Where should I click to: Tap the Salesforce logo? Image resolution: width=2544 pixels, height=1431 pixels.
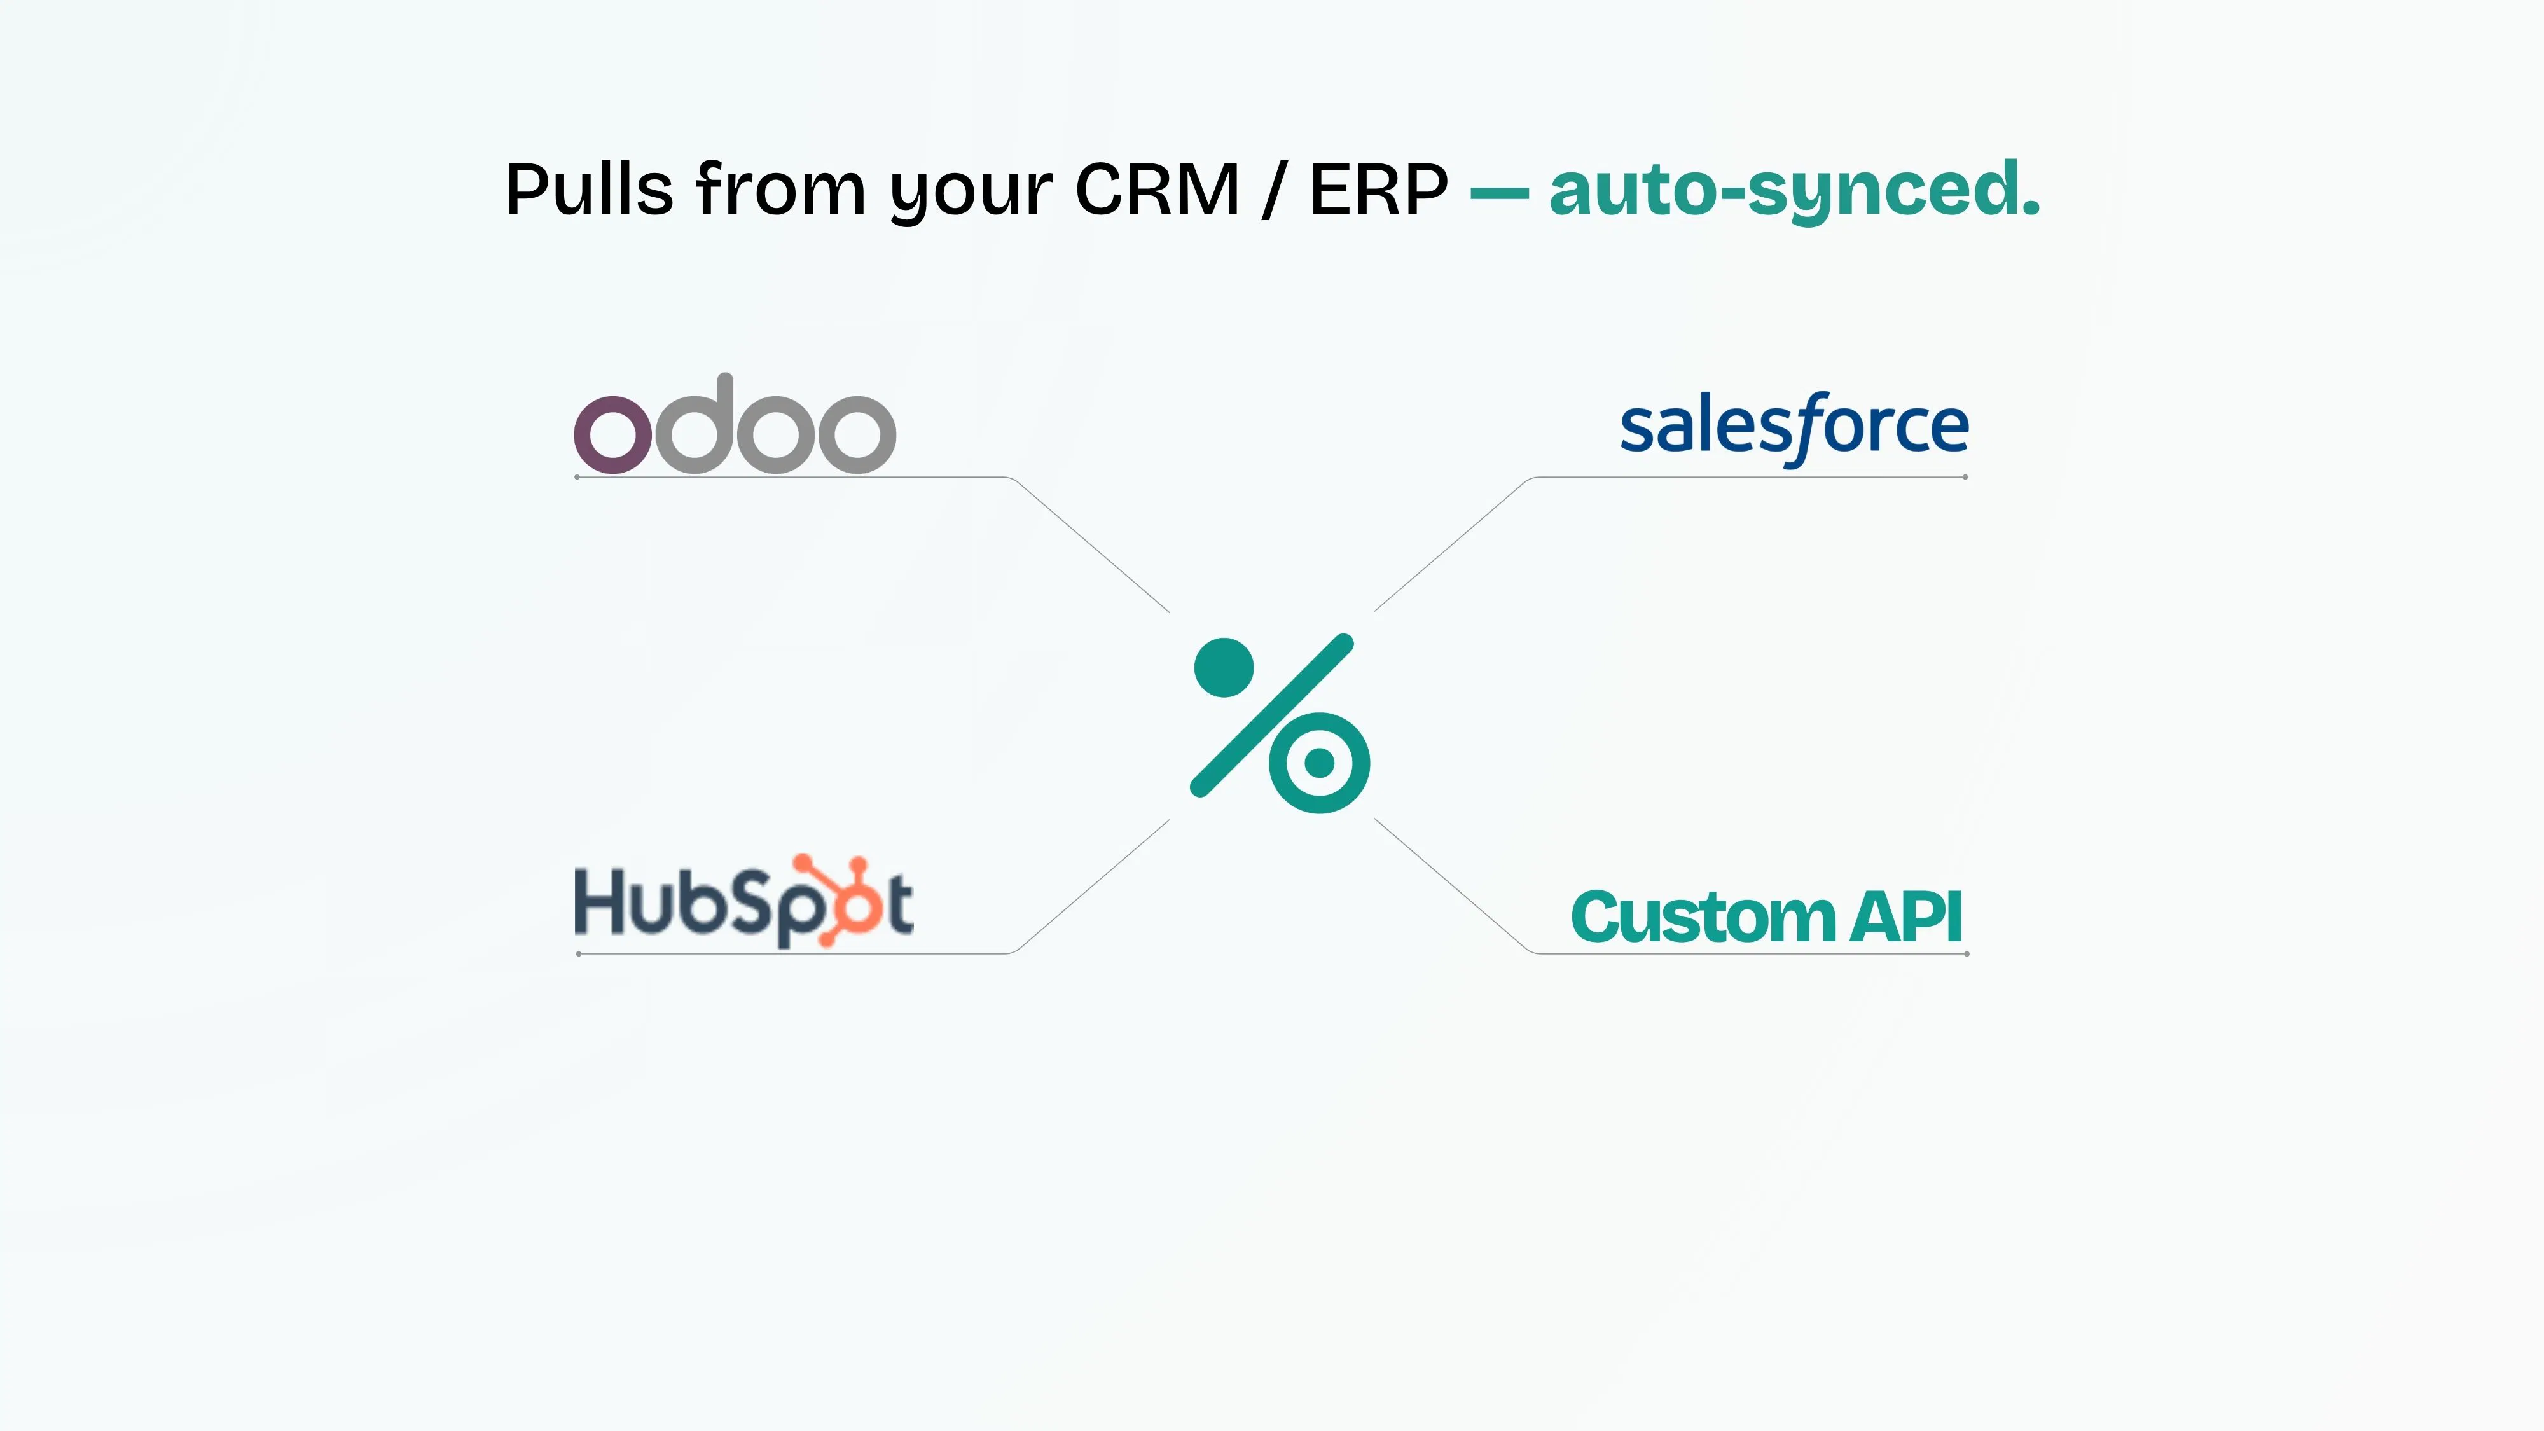1794,427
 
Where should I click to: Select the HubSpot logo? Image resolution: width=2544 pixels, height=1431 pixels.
743,901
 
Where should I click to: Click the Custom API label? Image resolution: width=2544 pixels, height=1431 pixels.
1766,916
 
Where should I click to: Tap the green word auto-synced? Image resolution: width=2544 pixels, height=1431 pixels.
1794,191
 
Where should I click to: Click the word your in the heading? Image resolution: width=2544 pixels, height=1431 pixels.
971,195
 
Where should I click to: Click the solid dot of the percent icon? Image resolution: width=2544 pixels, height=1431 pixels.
1224,668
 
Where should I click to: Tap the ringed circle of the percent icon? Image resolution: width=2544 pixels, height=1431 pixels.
1320,763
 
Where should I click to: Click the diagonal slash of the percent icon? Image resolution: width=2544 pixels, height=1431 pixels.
1272,715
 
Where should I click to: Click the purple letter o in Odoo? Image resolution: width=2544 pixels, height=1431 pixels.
613,434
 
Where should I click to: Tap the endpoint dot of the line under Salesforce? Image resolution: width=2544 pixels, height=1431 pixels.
1965,477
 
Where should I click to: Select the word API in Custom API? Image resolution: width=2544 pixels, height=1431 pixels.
1906,916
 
